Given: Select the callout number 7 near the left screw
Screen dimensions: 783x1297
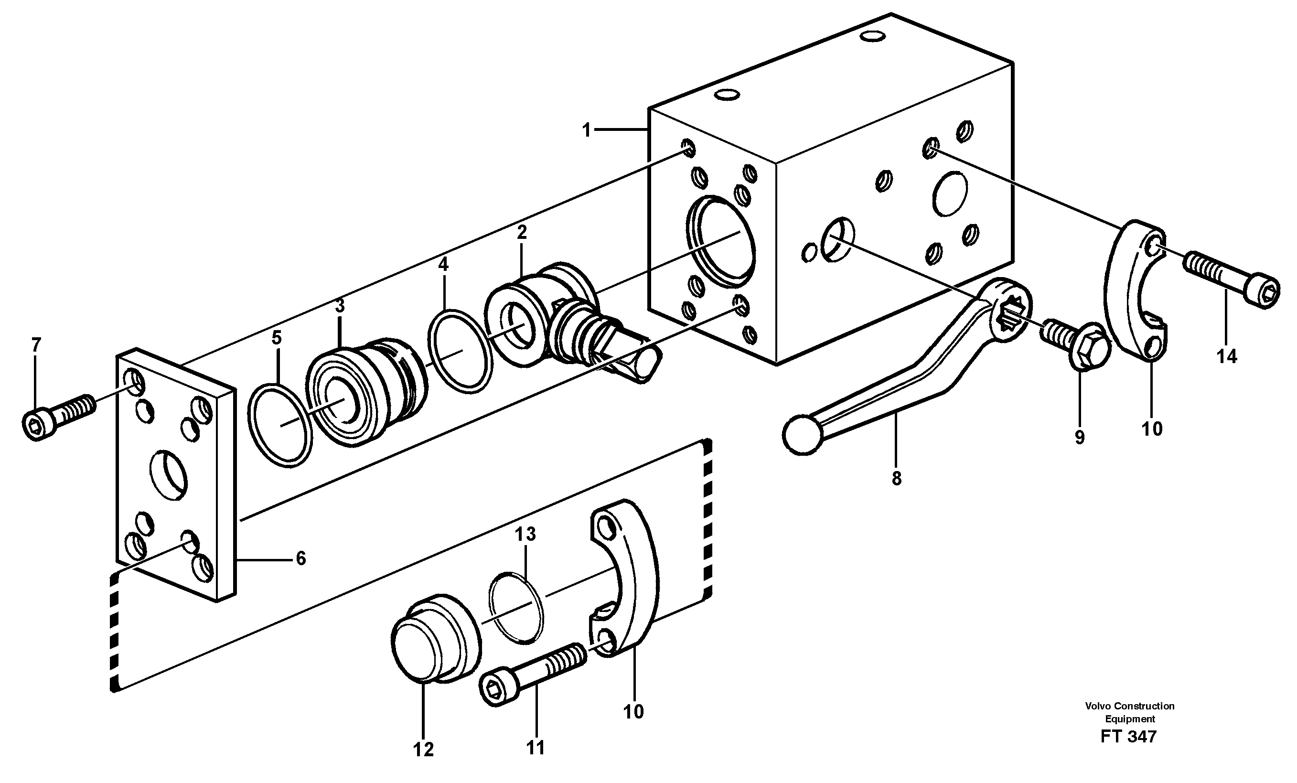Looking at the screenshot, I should pyautogui.click(x=35, y=345).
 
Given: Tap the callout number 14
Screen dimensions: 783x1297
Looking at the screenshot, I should pyautogui.click(x=1226, y=356).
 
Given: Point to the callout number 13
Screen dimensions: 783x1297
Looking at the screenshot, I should pyautogui.click(x=525, y=534).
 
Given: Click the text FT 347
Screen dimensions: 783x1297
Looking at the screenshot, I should pyautogui.click(x=1128, y=736).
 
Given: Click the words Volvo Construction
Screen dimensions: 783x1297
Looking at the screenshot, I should pyautogui.click(x=1129, y=706).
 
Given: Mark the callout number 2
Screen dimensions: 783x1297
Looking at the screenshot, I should pyautogui.click(x=522, y=232).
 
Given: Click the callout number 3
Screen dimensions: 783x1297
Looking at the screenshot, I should pyautogui.click(x=340, y=305).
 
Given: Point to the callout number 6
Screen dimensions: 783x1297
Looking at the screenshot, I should pyautogui.click(x=300, y=558).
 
